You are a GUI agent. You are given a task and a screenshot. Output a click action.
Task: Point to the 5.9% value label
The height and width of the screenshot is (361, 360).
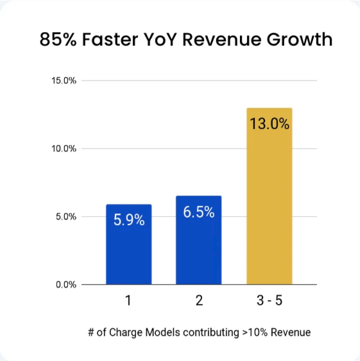129,219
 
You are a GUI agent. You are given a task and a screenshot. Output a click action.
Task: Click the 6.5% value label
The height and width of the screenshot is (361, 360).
199,212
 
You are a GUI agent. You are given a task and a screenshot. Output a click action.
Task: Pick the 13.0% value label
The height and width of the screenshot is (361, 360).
270,123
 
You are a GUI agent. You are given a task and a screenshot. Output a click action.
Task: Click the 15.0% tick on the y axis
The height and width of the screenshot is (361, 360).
64,81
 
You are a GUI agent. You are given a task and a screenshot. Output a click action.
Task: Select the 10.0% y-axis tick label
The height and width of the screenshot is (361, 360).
64,149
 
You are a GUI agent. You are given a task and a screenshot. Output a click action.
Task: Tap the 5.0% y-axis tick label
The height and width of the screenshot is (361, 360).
65,217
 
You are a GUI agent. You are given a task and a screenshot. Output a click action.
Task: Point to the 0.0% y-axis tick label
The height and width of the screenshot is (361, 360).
65,285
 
